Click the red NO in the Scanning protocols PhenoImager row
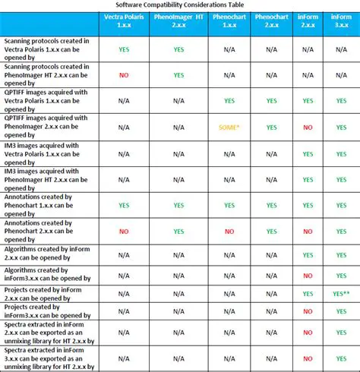point(123,75)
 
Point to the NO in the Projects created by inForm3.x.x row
point(308,311)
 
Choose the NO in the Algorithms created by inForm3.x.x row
point(308,275)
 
